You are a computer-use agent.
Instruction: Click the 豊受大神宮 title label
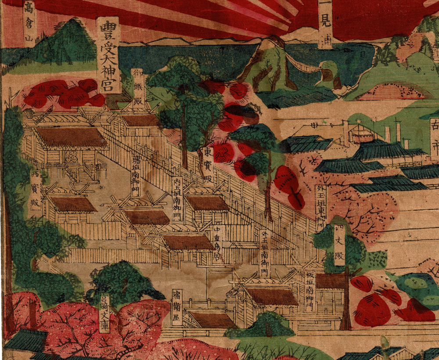point(108,54)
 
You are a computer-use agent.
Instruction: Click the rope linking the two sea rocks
point(303,66)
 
